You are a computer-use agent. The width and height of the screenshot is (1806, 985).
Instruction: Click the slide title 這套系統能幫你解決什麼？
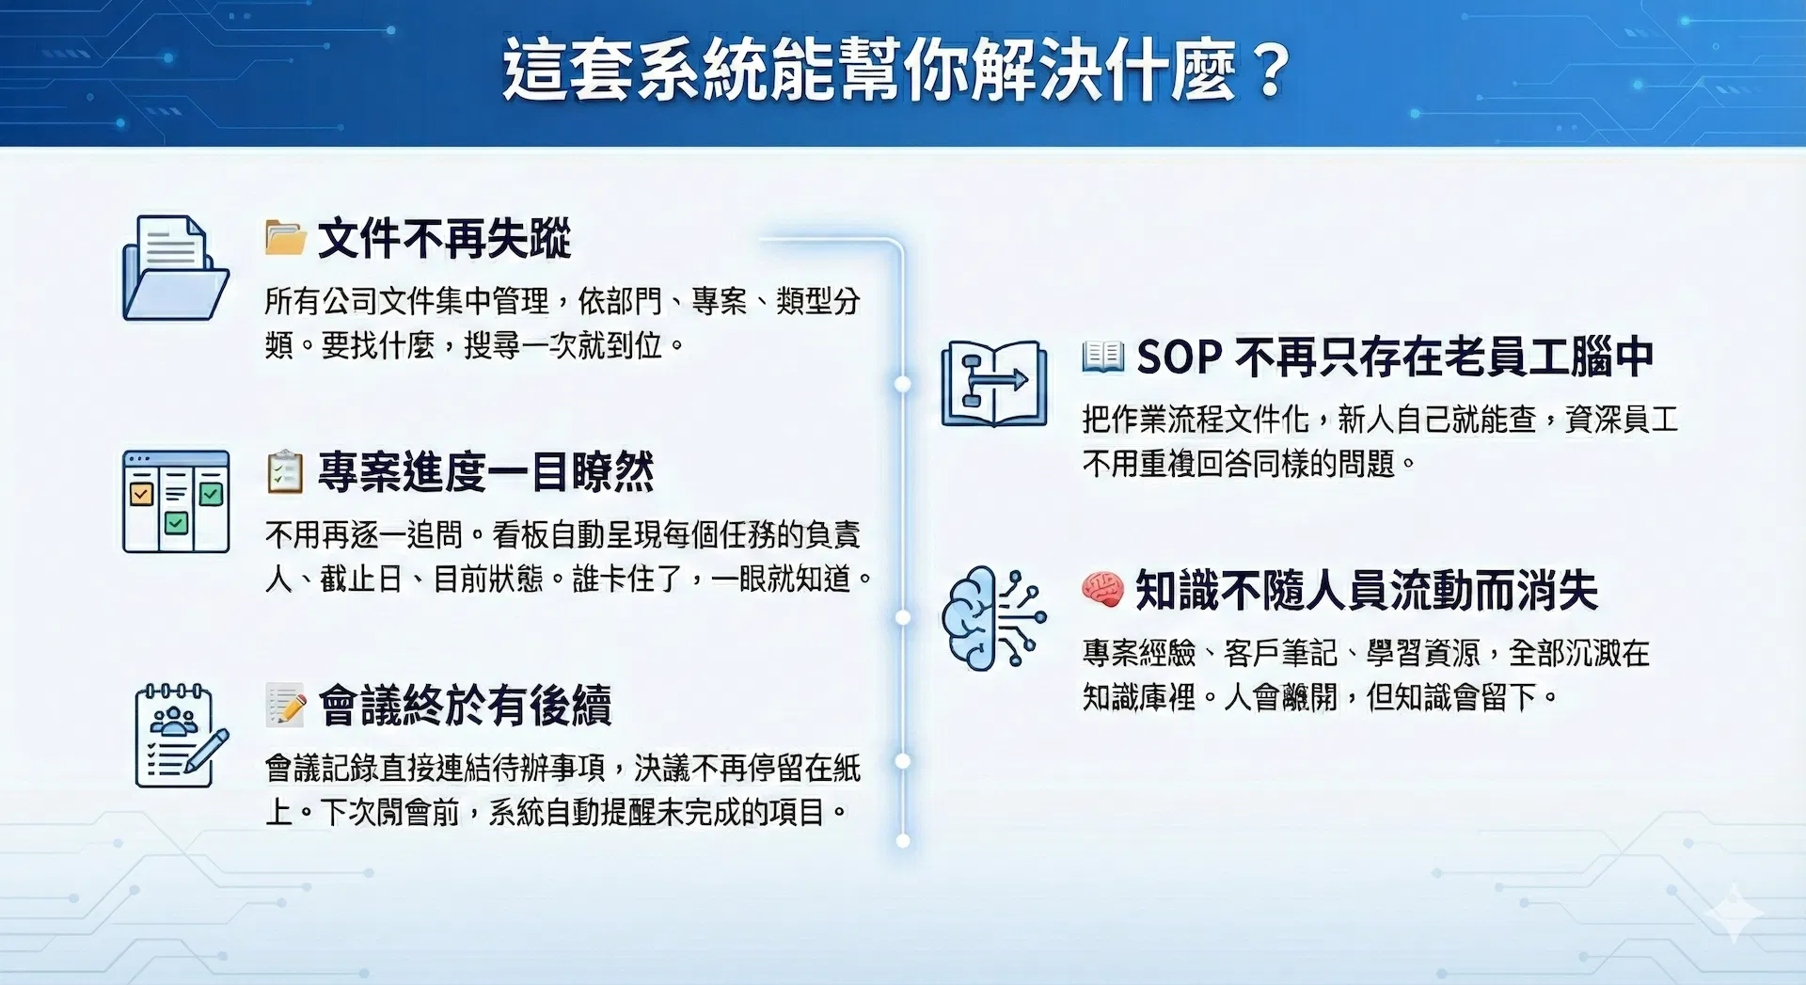point(897,70)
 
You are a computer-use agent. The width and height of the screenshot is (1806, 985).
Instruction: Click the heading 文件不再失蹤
point(444,238)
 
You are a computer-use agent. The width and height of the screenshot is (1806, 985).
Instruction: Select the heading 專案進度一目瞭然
point(485,471)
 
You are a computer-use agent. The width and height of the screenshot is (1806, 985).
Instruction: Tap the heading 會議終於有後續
point(465,706)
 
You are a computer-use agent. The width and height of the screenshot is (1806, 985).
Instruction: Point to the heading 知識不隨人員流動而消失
point(1367,590)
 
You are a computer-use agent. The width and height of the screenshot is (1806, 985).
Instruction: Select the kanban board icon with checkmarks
point(176,501)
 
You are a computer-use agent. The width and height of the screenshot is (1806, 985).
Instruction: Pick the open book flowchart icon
point(994,384)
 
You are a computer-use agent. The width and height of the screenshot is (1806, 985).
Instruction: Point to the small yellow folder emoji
point(285,238)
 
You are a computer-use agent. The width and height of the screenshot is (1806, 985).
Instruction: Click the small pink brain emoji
point(1102,589)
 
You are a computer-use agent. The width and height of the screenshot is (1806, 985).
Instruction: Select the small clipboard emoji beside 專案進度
point(285,472)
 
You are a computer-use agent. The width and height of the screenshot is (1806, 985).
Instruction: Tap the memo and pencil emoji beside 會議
point(286,706)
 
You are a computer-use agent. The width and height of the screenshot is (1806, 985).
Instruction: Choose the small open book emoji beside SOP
point(1102,357)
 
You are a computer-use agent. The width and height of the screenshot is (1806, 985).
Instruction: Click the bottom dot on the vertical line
point(903,840)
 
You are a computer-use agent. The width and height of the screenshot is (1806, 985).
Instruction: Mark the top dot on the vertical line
point(903,384)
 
